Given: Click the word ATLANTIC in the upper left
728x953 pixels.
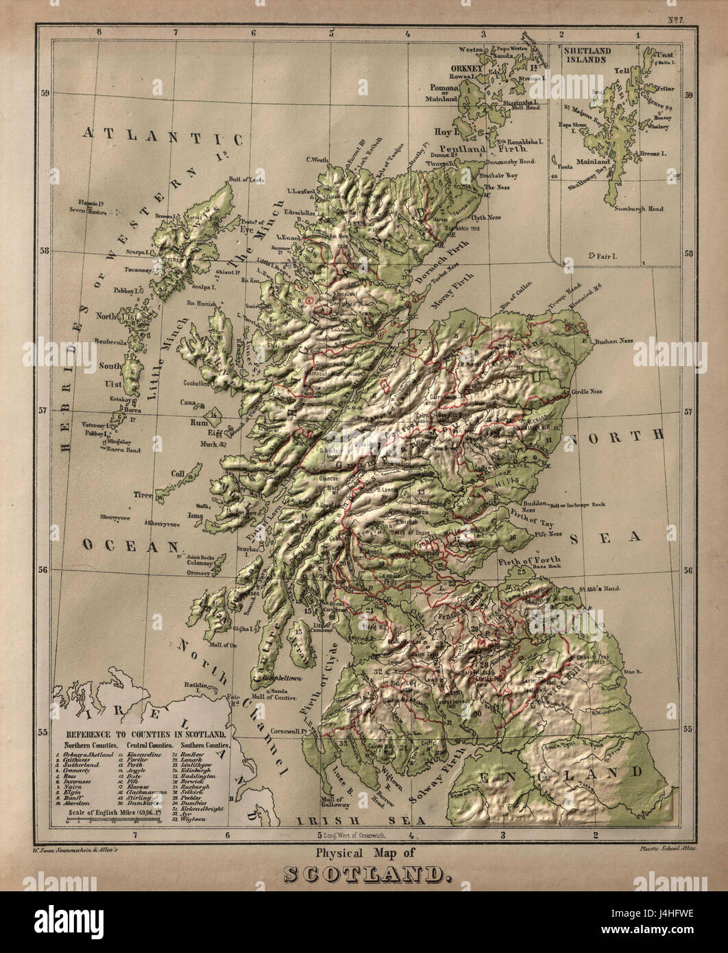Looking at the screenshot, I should click(163, 136).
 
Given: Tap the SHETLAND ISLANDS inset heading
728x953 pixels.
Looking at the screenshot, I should click(585, 54).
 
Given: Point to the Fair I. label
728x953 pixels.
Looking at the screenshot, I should click(604, 256).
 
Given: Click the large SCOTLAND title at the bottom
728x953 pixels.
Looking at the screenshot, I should click(365, 873).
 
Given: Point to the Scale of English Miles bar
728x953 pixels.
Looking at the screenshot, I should click(113, 819).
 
